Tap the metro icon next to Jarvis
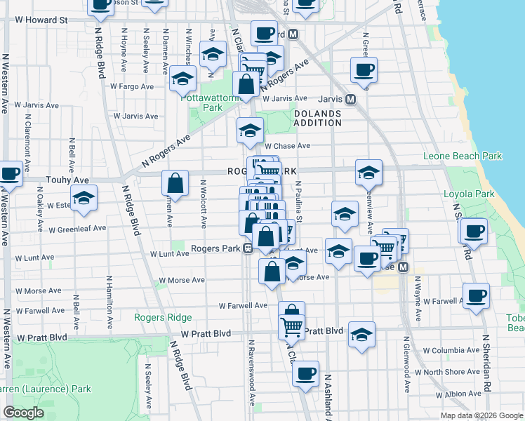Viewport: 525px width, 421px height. pos(350,100)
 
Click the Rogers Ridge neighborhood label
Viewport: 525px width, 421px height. pos(163,317)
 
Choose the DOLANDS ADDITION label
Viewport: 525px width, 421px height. pos(317,118)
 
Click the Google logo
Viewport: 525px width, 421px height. pos(23,413)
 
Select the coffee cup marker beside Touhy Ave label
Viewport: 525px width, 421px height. pos(10,173)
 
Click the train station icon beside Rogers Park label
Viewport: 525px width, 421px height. pos(248,248)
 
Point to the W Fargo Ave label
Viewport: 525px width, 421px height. pos(131,87)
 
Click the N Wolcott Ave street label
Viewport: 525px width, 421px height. pos(204,206)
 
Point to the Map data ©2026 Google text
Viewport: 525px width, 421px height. pos(481,415)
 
